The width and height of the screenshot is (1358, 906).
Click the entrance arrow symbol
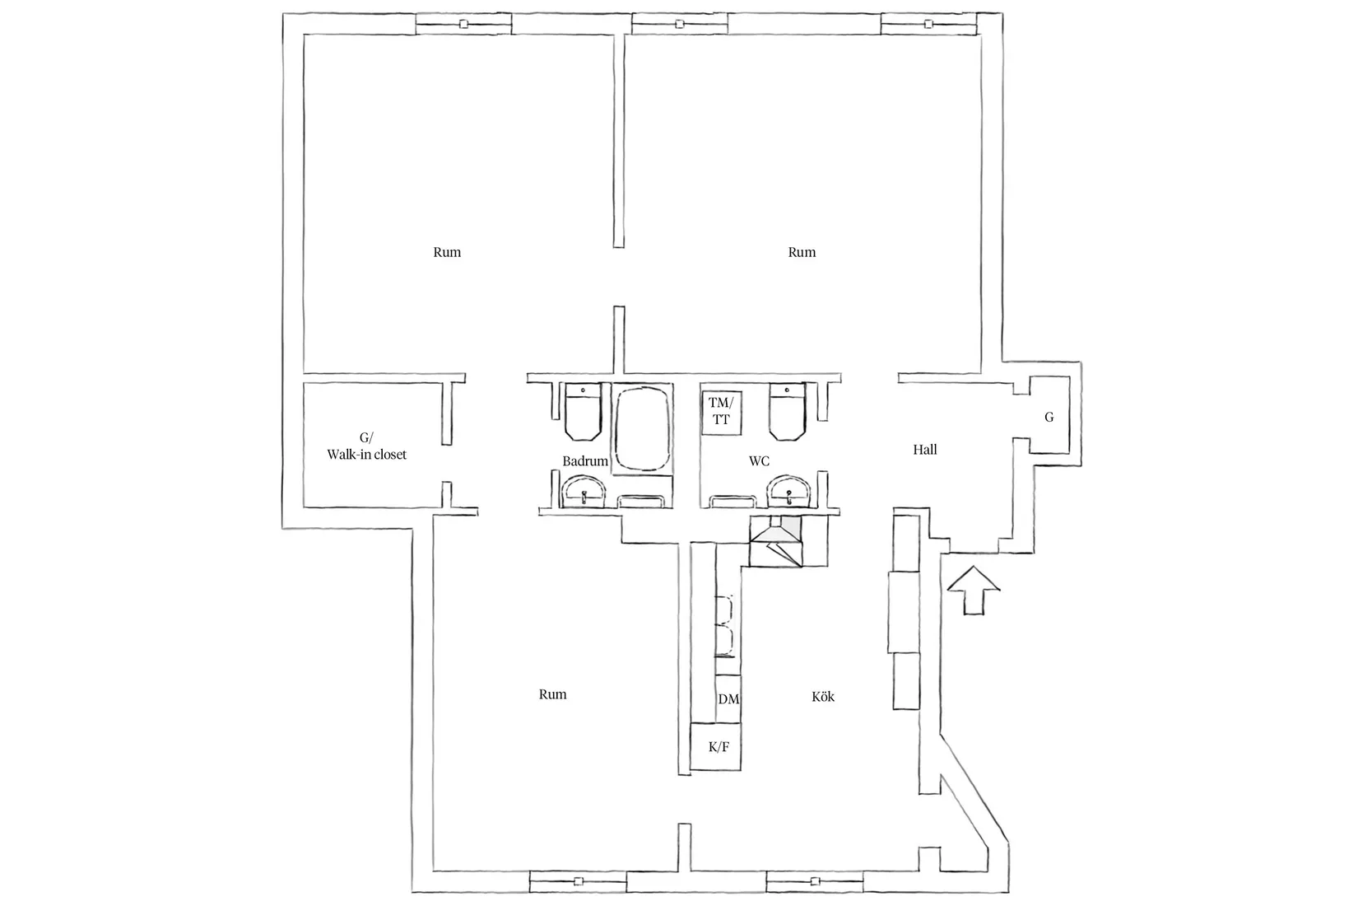(x=973, y=589)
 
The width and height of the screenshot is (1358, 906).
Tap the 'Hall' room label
(x=925, y=450)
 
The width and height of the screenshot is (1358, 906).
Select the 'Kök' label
(x=823, y=697)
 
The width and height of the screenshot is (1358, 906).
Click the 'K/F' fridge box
(x=719, y=747)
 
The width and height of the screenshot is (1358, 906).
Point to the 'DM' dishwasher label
(x=728, y=699)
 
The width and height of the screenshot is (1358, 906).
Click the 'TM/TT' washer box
(x=721, y=411)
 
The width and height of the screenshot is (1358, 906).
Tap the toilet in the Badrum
(x=584, y=412)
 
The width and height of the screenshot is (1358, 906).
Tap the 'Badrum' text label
(x=585, y=461)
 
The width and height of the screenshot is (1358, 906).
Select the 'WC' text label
(x=759, y=461)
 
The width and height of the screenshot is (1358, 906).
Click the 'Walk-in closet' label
(x=366, y=455)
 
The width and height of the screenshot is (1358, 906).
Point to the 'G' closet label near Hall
(x=1049, y=418)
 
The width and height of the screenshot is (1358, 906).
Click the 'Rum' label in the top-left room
(x=447, y=252)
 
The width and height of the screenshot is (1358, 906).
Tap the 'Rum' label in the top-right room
(x=802, y=252)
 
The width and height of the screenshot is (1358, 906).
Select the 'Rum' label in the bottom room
(x=553, y=694)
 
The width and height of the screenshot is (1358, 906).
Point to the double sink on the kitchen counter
(x=725, y=626)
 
